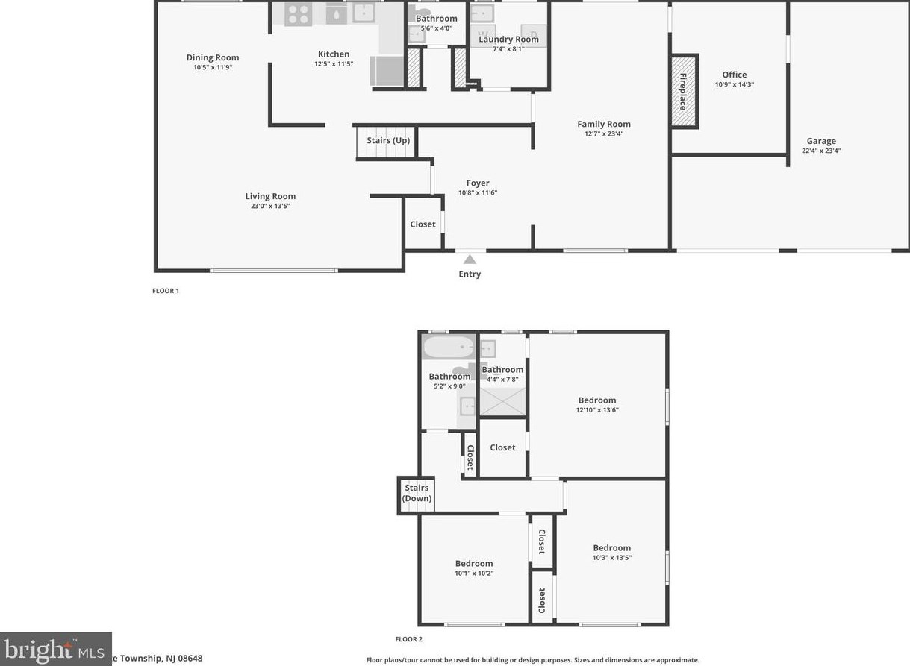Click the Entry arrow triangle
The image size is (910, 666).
470,260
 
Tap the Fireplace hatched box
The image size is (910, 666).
682,92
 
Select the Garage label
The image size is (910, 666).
821,141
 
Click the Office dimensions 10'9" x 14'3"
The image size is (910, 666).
735,84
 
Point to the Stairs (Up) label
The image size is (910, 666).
388,140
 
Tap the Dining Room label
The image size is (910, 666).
213,57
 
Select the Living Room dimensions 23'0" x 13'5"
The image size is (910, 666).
270,206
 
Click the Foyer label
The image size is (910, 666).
478,183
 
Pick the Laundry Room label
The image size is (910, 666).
508,40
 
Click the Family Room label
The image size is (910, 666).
604,124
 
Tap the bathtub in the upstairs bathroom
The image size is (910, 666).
449,348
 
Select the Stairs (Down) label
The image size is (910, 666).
417,493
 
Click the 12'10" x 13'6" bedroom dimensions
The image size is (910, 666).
597,409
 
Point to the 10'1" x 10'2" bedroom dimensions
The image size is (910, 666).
474,573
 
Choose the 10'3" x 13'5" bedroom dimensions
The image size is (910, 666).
612,557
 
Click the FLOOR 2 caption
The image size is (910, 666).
409,639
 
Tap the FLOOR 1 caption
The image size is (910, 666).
166,291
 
